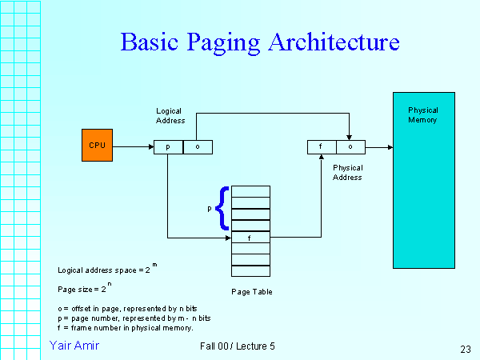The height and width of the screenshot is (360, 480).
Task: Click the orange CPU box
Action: click(97, 146)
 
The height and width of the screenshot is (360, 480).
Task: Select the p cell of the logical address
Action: click(168, 147)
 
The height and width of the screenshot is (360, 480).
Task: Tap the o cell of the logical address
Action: click(198, 147)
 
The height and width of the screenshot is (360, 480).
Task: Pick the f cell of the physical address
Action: click(322, 147)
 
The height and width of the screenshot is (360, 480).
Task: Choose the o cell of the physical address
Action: click(350, 147)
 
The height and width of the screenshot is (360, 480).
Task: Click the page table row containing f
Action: click(251, 238)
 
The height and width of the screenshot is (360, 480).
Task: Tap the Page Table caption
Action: click(252, 292)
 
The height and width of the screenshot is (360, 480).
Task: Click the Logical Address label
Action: click(170, 115)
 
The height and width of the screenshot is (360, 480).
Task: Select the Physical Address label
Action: click(347, 172)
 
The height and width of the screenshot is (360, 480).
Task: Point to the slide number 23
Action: click(466, 348)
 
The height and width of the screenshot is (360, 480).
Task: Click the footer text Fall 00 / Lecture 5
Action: click(238, 346)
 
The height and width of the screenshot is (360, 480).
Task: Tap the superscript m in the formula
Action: click(154, 265)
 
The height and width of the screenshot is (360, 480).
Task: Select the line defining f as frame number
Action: click(126, 328)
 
